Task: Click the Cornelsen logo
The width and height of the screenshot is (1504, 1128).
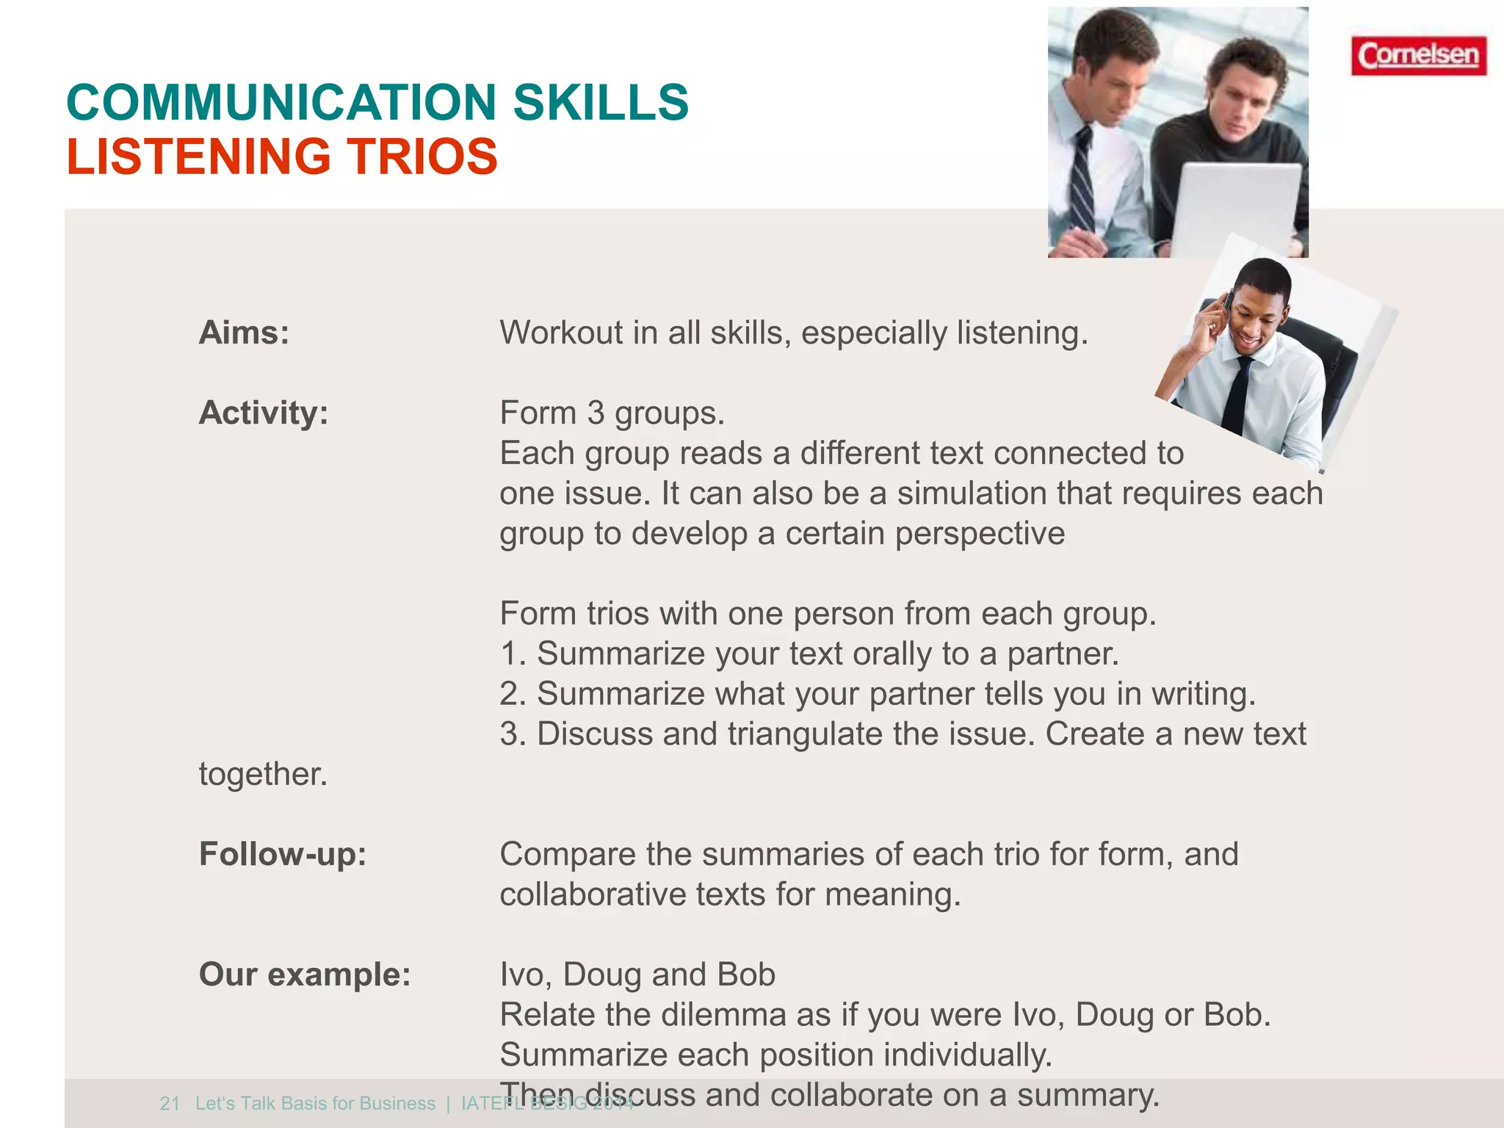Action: [x=1418, y=56]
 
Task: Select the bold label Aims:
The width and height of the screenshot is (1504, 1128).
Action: [x=244, y=333]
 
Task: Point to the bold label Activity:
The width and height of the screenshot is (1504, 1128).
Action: [x=264, y=413]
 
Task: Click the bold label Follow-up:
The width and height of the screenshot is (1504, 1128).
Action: [x=283, y=854]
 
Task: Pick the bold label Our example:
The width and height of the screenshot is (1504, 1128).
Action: [x=305, y=975]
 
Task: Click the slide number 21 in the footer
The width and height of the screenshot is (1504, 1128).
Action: [x=170, y=1104]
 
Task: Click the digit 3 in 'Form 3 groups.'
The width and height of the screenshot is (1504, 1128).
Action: [x=596, y=413]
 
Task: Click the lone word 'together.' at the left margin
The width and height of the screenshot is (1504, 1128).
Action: [x=263, y=774]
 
